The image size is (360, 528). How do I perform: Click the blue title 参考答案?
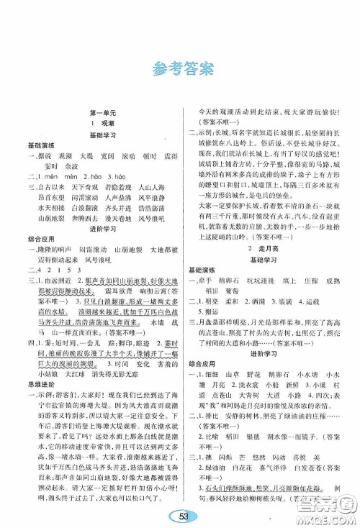tap(179, 70)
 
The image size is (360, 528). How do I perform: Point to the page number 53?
tap(180, 512)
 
